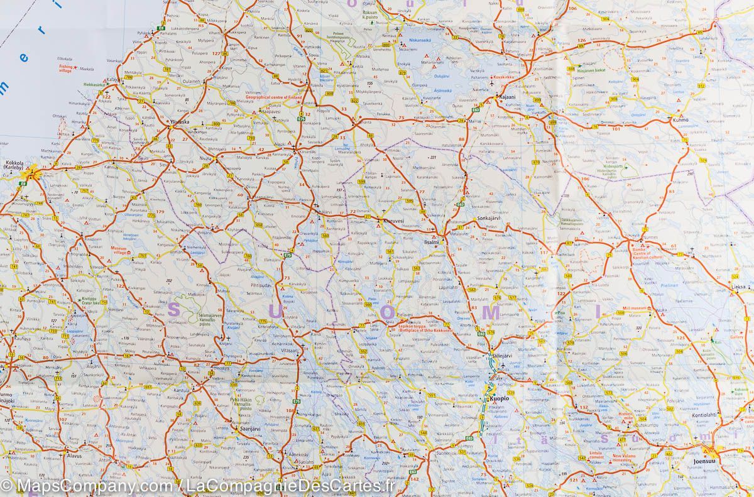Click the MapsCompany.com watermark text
88,485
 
